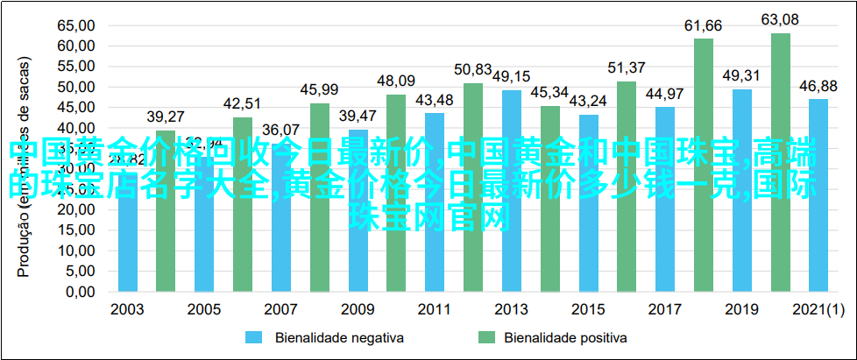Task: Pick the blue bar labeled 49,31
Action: tap(742, 189)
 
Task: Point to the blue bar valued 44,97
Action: tap(665, 198)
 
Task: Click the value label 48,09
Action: tap(396, 81)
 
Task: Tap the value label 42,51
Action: tap(242, 103)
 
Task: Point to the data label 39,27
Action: tap(166, 116)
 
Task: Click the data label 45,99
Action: tap(319, 89)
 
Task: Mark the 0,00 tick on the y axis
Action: tap(79, 291)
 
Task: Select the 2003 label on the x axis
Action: tap(127, 309)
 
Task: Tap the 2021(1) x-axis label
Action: tap(818, 309)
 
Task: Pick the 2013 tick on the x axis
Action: tap(512, 309)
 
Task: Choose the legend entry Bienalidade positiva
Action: tap(552, 336)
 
